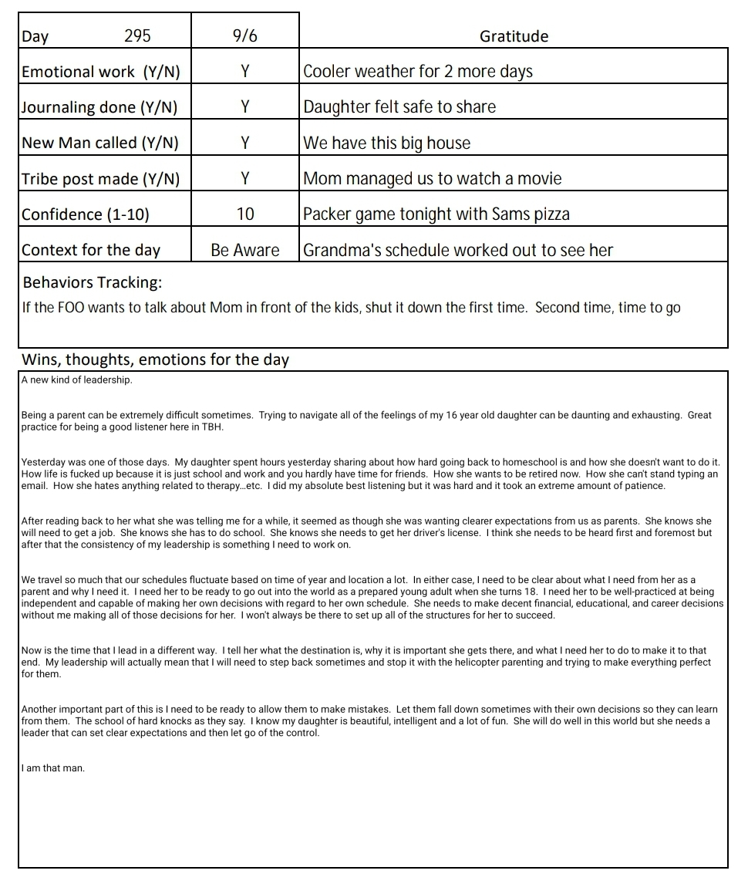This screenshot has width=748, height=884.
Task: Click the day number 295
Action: click(137, 35)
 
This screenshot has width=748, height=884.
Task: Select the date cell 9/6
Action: click(244, 35)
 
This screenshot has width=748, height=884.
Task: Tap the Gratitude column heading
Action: click(514, 35)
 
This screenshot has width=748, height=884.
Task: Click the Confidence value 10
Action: click(244, 214)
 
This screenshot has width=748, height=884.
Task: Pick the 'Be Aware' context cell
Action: click(244, 250)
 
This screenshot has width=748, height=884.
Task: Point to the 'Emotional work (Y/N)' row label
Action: click(100, 72)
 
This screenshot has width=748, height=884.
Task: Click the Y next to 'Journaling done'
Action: click(244, 107)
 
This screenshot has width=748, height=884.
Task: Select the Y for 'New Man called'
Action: click(244, 143)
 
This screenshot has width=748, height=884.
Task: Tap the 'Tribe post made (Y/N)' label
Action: click(100, 179)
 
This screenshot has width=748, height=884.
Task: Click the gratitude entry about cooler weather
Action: click(417, 72)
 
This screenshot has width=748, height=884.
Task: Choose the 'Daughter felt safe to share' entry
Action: click(399, 107)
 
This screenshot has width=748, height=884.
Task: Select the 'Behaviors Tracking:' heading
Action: click(92, 282)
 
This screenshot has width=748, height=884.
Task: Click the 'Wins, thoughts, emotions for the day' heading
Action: click(155, 359)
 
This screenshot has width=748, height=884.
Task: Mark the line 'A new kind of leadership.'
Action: click(76, 380)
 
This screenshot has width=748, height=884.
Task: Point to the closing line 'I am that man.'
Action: click(53, 768)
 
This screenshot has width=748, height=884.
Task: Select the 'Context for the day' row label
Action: click(91, 250)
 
